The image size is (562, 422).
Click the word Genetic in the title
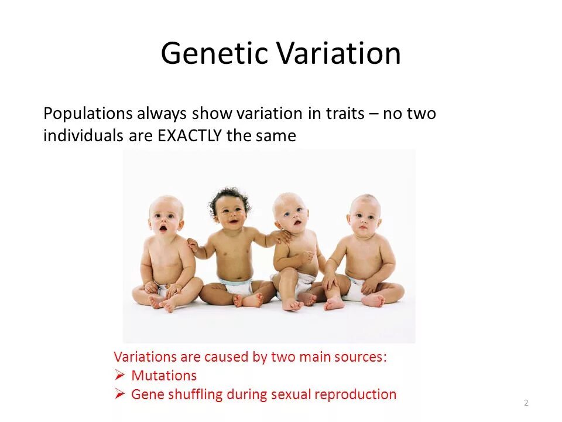(214, 53)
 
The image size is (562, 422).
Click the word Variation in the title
(338, 53)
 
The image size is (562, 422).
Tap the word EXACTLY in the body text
(190, 135)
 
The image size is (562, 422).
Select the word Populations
(88, 114)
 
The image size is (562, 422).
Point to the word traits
(345, 113)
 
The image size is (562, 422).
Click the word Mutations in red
(164, 375)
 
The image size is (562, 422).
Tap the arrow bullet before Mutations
(119, 375)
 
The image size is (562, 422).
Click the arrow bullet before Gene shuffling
(119, 394)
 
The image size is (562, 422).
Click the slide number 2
(526, 403)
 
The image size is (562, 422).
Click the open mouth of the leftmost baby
(163, 228)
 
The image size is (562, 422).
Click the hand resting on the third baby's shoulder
(283, 236)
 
